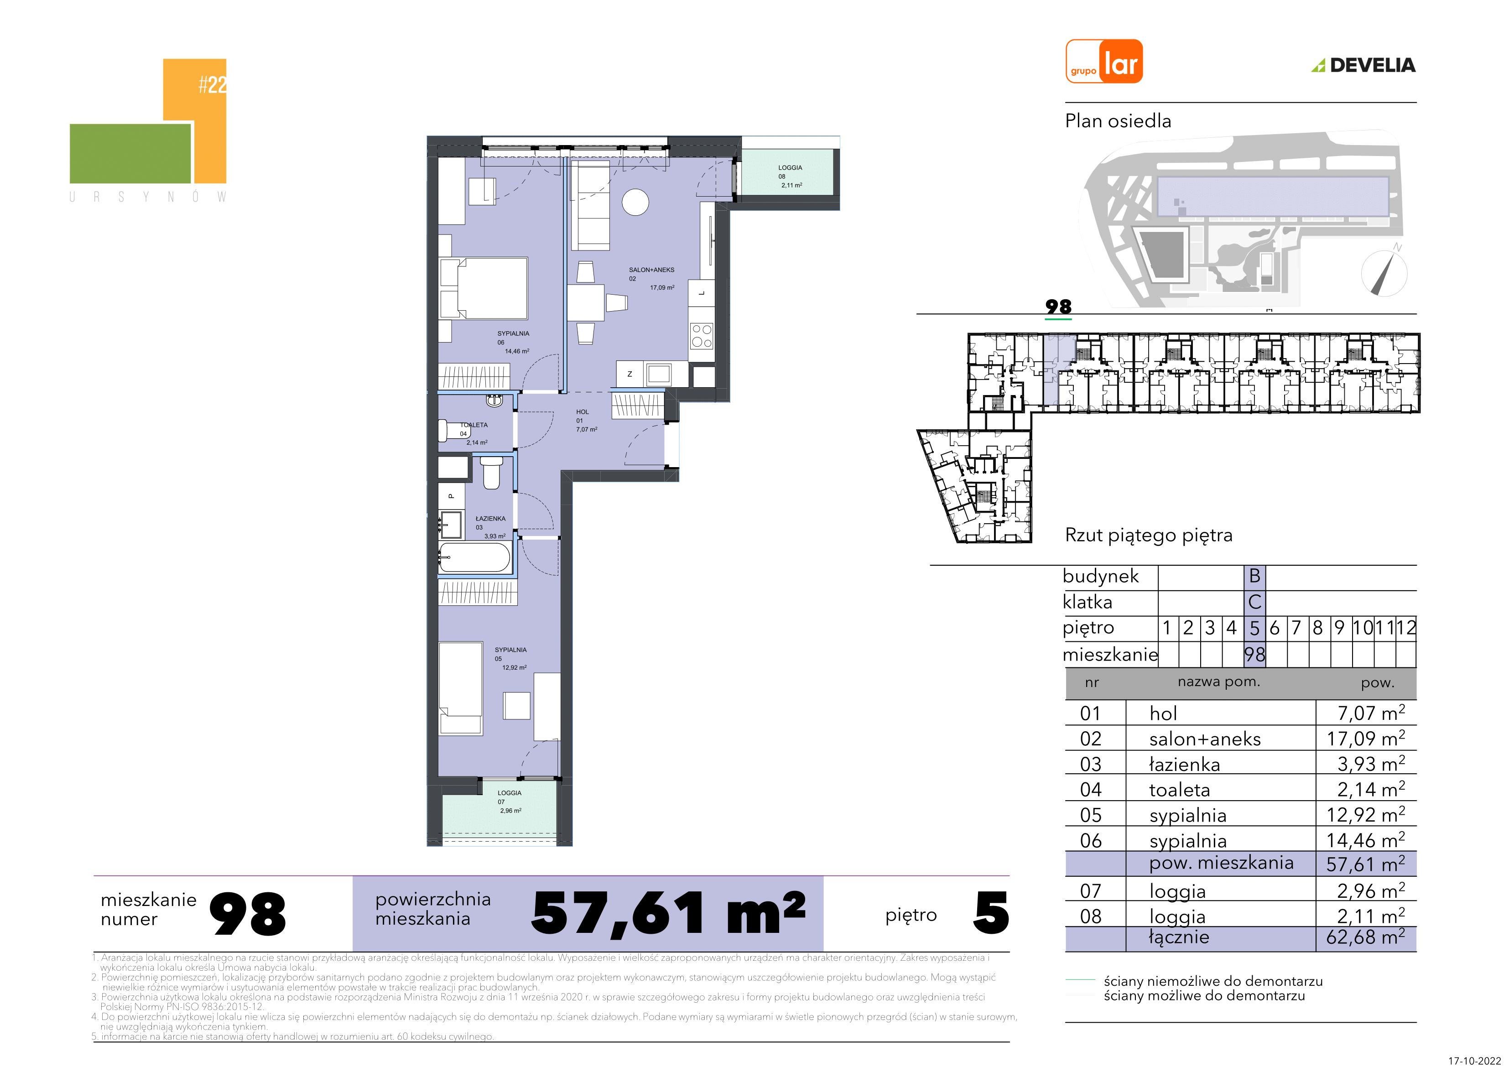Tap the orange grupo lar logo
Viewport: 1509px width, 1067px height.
click(x=1104, y=61)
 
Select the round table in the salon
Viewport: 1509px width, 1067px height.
click(x=635, y=202)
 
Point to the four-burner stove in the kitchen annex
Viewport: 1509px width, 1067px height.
click(x=701, y=336)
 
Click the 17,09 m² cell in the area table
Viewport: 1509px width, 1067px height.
click(x=1365, y=738)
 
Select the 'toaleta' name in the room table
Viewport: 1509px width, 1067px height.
click(x=1179, y=790)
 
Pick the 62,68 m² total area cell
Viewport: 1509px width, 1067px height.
click(x=1365, y=937)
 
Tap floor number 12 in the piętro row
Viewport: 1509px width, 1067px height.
click(x=1406, y=628)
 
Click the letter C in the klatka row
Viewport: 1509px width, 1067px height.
click(x=1254, y=602)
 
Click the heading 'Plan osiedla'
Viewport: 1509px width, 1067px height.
click(x=1118, y=121)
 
